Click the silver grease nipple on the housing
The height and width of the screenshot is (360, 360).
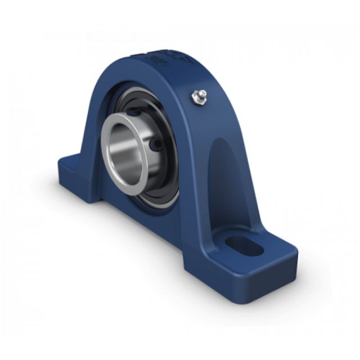200,97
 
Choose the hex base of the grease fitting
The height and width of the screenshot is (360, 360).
197,100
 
